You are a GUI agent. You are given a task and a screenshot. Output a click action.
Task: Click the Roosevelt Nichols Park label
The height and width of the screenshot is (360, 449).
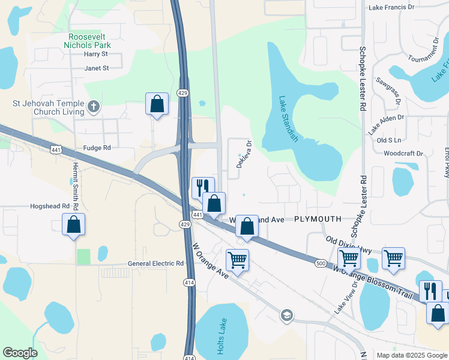click(x=89, y=40)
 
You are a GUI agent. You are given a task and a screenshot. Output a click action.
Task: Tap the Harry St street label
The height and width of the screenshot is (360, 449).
click(x=95, y=54)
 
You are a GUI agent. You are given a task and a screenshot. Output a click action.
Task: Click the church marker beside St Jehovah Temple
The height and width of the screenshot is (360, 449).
click(x=93, y=107)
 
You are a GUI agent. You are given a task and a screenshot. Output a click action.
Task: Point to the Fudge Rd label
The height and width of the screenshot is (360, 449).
click(x=97, y=148)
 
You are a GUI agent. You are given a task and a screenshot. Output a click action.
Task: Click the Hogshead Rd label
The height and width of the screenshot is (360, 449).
click(x=50, y=206)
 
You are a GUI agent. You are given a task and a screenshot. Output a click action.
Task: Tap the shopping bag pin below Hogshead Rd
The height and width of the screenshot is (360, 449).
click(x=73, y=225)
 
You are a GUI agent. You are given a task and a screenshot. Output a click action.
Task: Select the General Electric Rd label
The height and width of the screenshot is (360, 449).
click(x=155, y=263)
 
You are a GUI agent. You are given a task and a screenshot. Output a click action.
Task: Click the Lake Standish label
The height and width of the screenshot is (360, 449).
click(x=288, y=119)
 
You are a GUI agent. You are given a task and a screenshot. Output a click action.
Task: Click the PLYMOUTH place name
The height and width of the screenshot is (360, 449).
click(x=318, y=220)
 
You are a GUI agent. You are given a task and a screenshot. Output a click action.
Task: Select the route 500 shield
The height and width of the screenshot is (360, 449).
click(x=321, y=263)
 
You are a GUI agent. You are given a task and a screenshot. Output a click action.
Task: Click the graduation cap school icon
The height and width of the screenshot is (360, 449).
click(x=287, y=315)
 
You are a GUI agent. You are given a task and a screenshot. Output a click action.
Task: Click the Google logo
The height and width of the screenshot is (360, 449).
click(x=20, y=353)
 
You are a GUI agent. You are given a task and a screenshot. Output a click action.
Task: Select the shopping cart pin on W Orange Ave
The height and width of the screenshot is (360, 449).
click(x=238, y=260)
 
